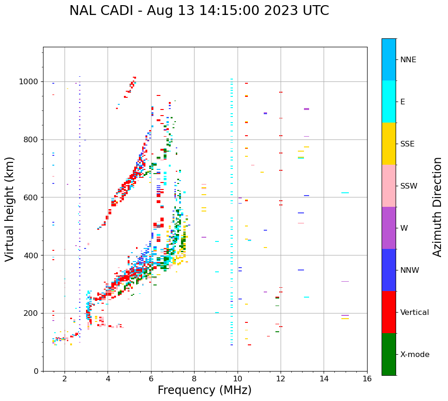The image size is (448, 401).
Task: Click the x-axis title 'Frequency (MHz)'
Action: point(204,390)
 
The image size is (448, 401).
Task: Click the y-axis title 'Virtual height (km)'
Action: point(10,209)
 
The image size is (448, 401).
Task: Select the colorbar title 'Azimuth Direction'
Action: point(437,207)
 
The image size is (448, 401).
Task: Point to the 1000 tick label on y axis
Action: point(29,82)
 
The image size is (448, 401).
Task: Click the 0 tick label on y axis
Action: point(36,371)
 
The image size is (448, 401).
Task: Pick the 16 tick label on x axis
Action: point(367,379)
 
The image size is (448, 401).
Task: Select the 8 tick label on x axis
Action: point(194,379)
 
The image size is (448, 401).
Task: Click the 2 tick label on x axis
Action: point(65,379)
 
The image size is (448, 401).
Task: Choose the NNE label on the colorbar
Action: point(408,60)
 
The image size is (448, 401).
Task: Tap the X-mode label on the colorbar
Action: point(414,355)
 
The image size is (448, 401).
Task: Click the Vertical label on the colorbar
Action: point(414,313)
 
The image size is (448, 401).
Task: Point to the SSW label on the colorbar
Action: point(409,186)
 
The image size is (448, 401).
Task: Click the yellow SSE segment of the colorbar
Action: point(389,144)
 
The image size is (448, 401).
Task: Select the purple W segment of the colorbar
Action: point(389,228)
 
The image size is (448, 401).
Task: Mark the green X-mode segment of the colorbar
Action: point(389,354)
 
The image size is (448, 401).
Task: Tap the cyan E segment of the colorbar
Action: point(389,102)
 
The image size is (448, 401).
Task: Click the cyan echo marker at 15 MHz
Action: point(345,193)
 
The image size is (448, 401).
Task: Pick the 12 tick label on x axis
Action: point(281,379)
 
